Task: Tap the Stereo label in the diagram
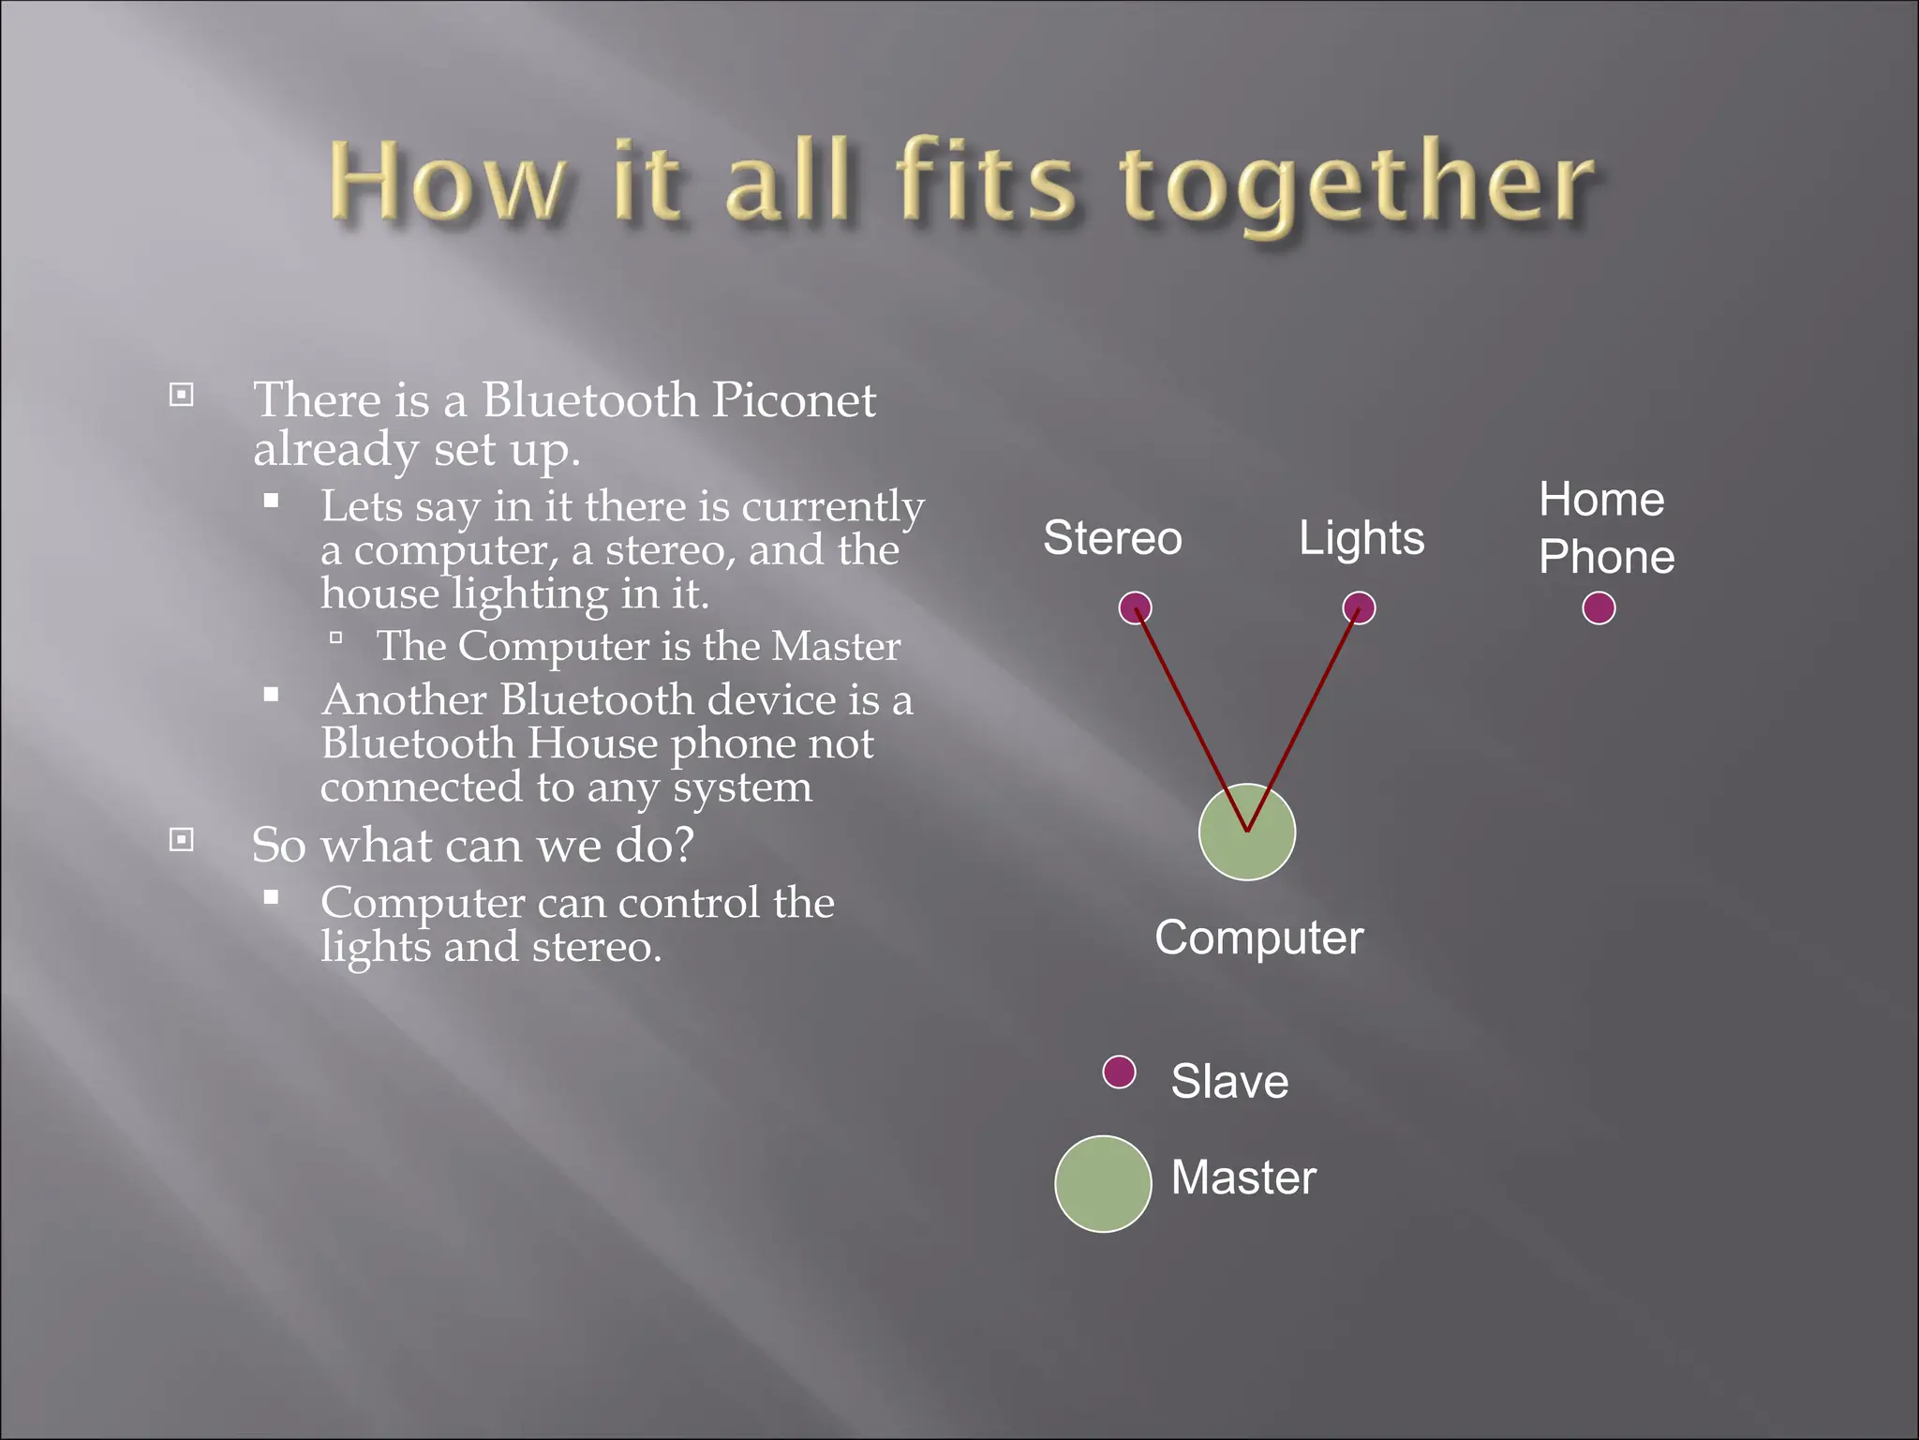tap(1112, 538)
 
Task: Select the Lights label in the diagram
tap(1361, 538)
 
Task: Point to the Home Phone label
tap(1605, 528)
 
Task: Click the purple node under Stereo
tap(1135, 607)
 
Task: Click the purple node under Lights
tap(1359, 607)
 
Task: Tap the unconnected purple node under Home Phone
tap(1599, 607)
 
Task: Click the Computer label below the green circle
tap(1258, 937)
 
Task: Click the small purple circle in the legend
tap(1119, 1071)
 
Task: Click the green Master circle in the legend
tap(1102, 1183)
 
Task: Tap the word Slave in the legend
tap(1229, 1081)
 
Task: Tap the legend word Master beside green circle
tap(1243, 1177)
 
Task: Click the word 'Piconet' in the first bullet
tap(793, 401)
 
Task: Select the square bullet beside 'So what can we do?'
tap(182, 839)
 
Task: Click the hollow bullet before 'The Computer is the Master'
tap(335, 638)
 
